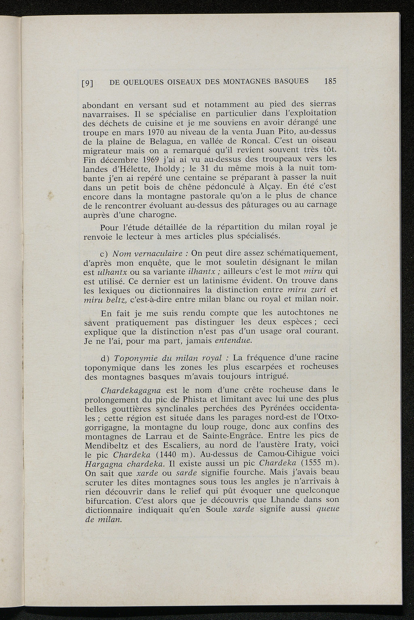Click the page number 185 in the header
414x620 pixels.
click(x=330, y=81)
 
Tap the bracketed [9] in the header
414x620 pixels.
click(x=88, y=83)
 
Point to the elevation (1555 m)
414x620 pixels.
click(x=319, y=463)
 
